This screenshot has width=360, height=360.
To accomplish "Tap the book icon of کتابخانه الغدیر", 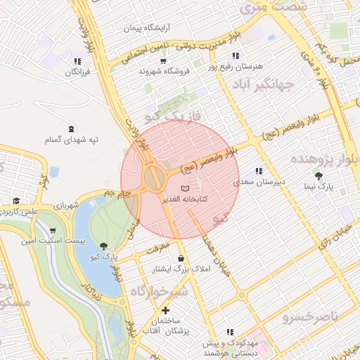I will point(185,188).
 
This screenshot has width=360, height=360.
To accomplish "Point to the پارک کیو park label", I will point(104,257).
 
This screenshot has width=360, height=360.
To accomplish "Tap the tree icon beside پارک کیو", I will point(104,246).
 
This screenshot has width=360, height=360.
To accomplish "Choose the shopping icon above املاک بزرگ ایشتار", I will point(182,257).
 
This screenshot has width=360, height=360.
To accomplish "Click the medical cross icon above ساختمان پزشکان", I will point(165,310).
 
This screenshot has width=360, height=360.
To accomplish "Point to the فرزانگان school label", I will point(79,72).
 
